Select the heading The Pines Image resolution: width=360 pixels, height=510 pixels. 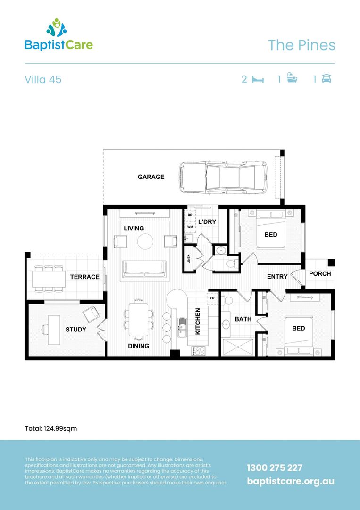tap(301, 45)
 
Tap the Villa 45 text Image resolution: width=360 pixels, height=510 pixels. tap(43, 79)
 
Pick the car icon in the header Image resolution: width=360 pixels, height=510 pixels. tap(326, 79)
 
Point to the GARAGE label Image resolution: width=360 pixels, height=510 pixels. tap(151, 177)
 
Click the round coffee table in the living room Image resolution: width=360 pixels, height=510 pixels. tap(145, 242)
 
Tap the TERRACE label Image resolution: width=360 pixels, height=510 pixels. tap(85, 277)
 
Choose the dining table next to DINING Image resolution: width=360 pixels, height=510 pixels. tap(139, 319)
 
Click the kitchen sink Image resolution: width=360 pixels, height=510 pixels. tap(181, 326)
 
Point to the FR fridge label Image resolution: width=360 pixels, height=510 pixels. tap(212, 298)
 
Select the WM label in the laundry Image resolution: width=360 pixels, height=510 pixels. tap(190, 227)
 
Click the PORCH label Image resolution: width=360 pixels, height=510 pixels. tap(320, 274)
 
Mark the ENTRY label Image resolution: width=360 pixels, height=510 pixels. tap(277, 277)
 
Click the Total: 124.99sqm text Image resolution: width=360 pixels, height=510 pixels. tap(51, 429)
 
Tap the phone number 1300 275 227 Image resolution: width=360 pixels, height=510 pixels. tap(275, 467)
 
